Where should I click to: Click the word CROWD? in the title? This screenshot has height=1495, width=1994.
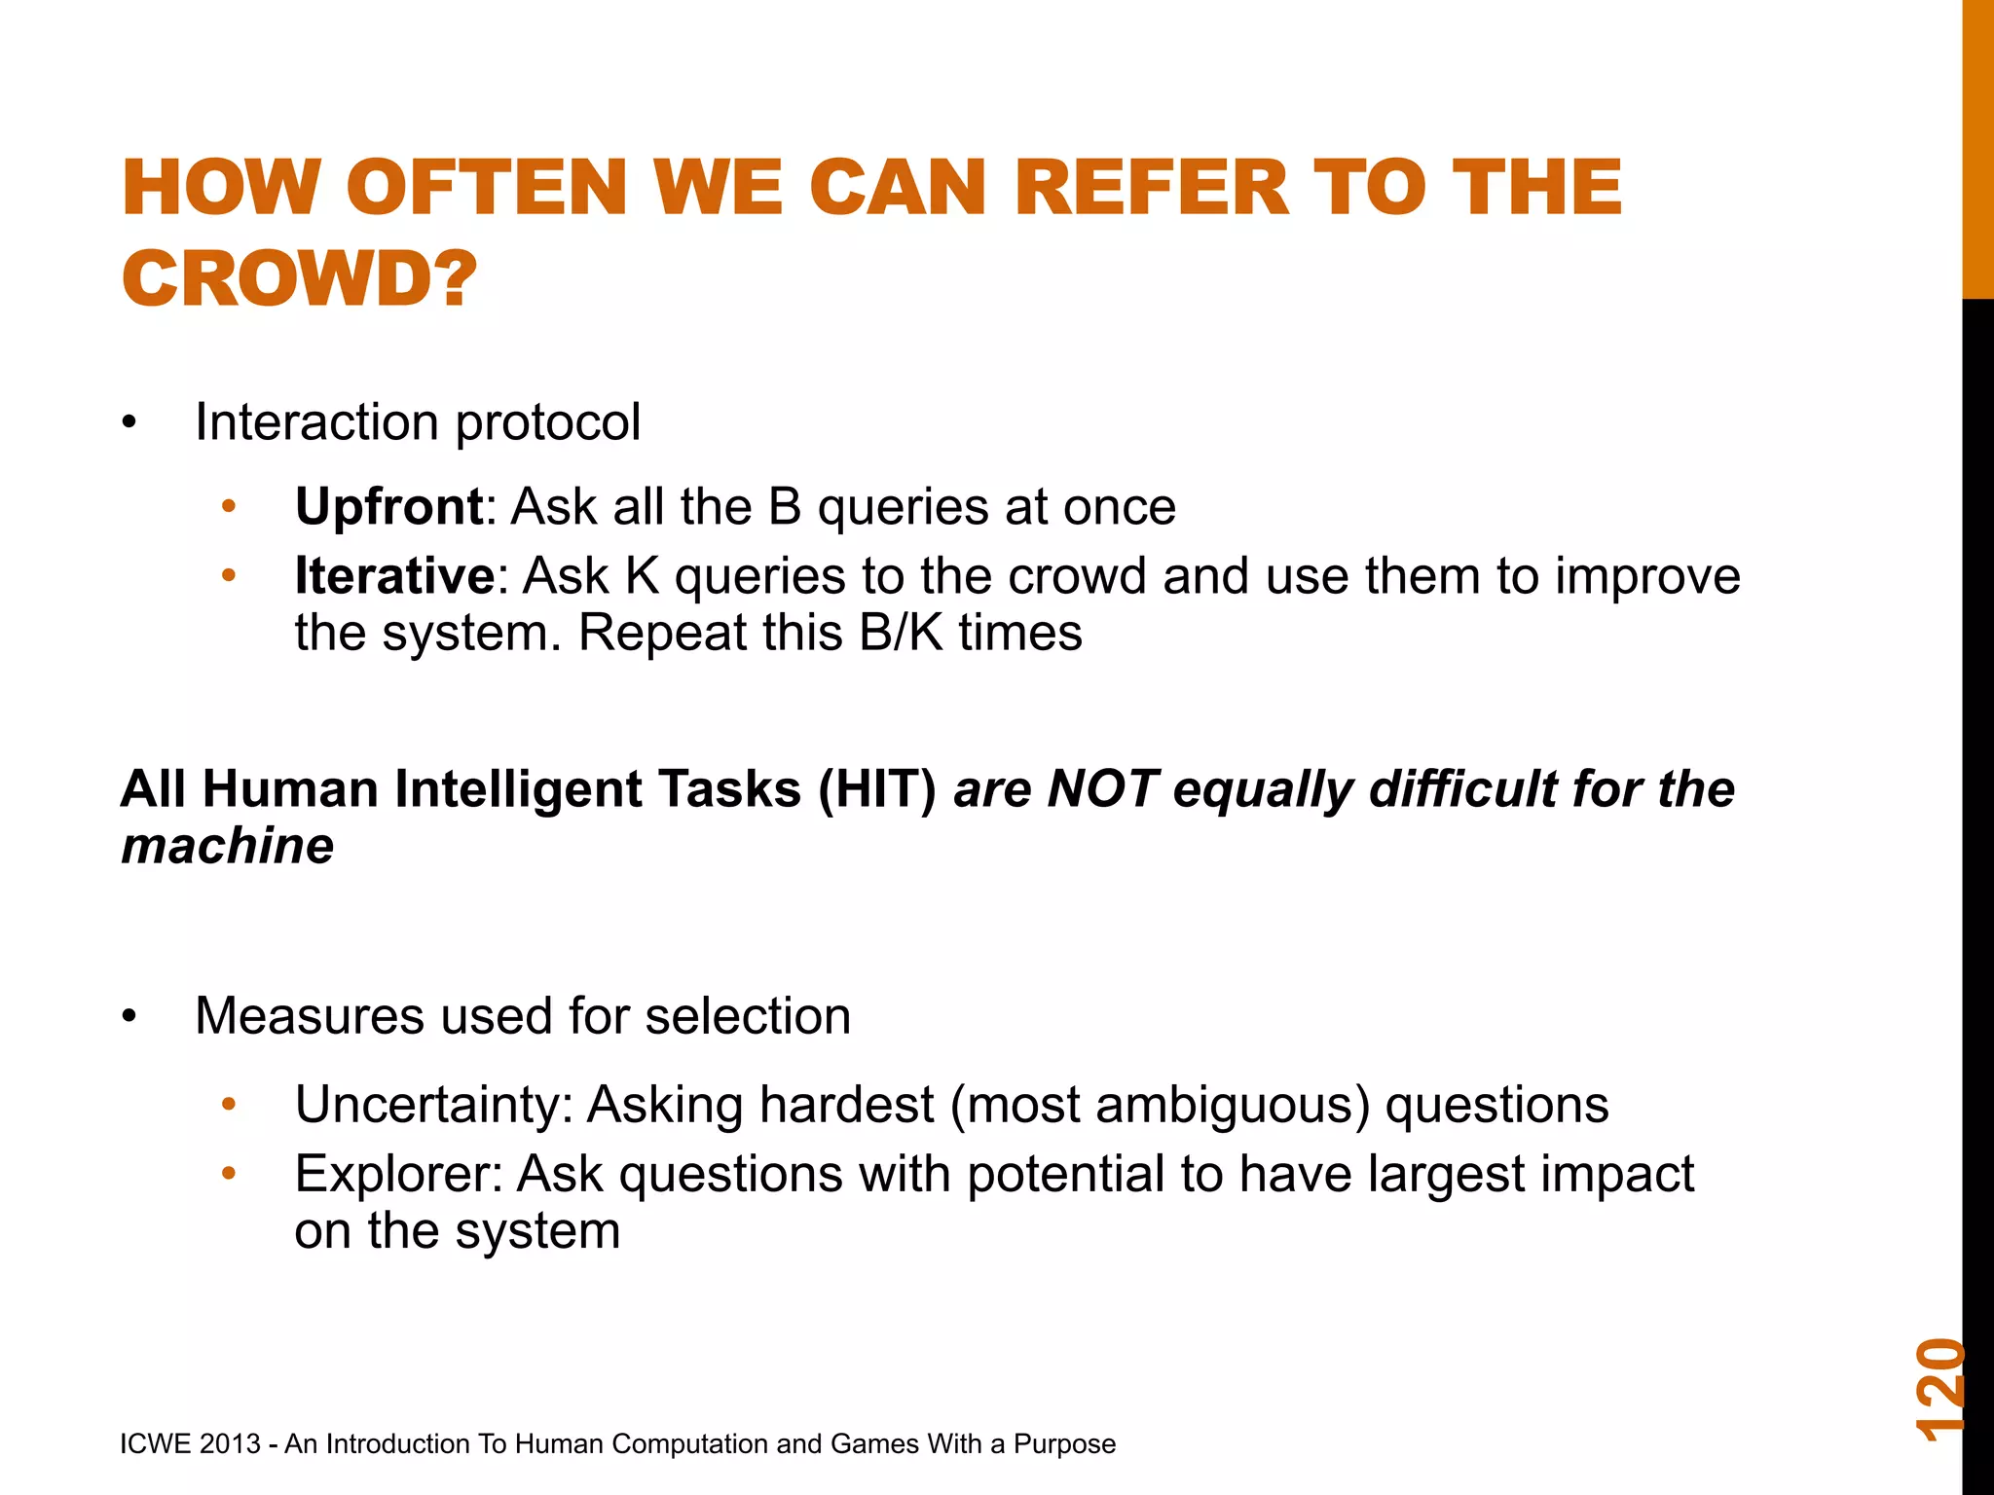(299, 278)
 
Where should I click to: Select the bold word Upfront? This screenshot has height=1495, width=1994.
(388, 506)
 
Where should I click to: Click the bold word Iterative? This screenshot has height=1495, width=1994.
(394, 575)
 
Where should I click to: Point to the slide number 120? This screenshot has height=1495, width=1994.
(1939, 1389)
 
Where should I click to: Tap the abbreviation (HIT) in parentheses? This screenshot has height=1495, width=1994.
(876, 788)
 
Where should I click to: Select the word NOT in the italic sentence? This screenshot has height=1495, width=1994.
(1101, 788)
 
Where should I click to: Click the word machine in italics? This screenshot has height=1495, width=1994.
(227, 845)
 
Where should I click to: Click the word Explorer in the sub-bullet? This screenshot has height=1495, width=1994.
(398, 1174)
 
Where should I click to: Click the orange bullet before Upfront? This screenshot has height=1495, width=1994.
(229, 507)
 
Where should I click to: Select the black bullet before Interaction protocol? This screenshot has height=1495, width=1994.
(129, 423)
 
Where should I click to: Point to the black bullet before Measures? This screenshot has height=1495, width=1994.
(129, 1017)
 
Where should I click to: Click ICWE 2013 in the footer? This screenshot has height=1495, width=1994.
(190, 1443)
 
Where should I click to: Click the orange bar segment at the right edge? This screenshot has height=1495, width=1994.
(1977, 146)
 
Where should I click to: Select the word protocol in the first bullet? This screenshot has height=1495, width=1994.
(547, 423)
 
